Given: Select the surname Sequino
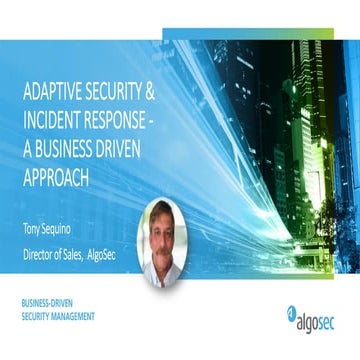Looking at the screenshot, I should click(68, 213).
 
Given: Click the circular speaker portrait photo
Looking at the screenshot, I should click(163, 243).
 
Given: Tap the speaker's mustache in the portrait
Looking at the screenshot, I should click(163, 253).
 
